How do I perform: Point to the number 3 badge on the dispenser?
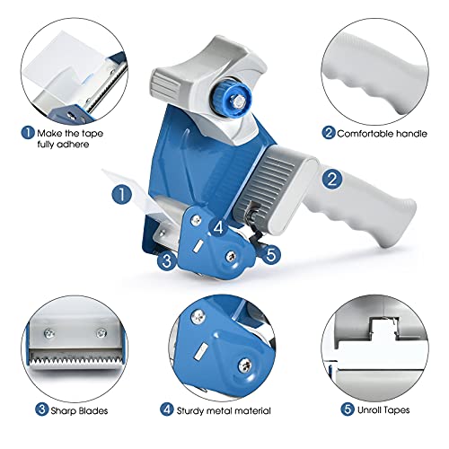pos(164,262)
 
